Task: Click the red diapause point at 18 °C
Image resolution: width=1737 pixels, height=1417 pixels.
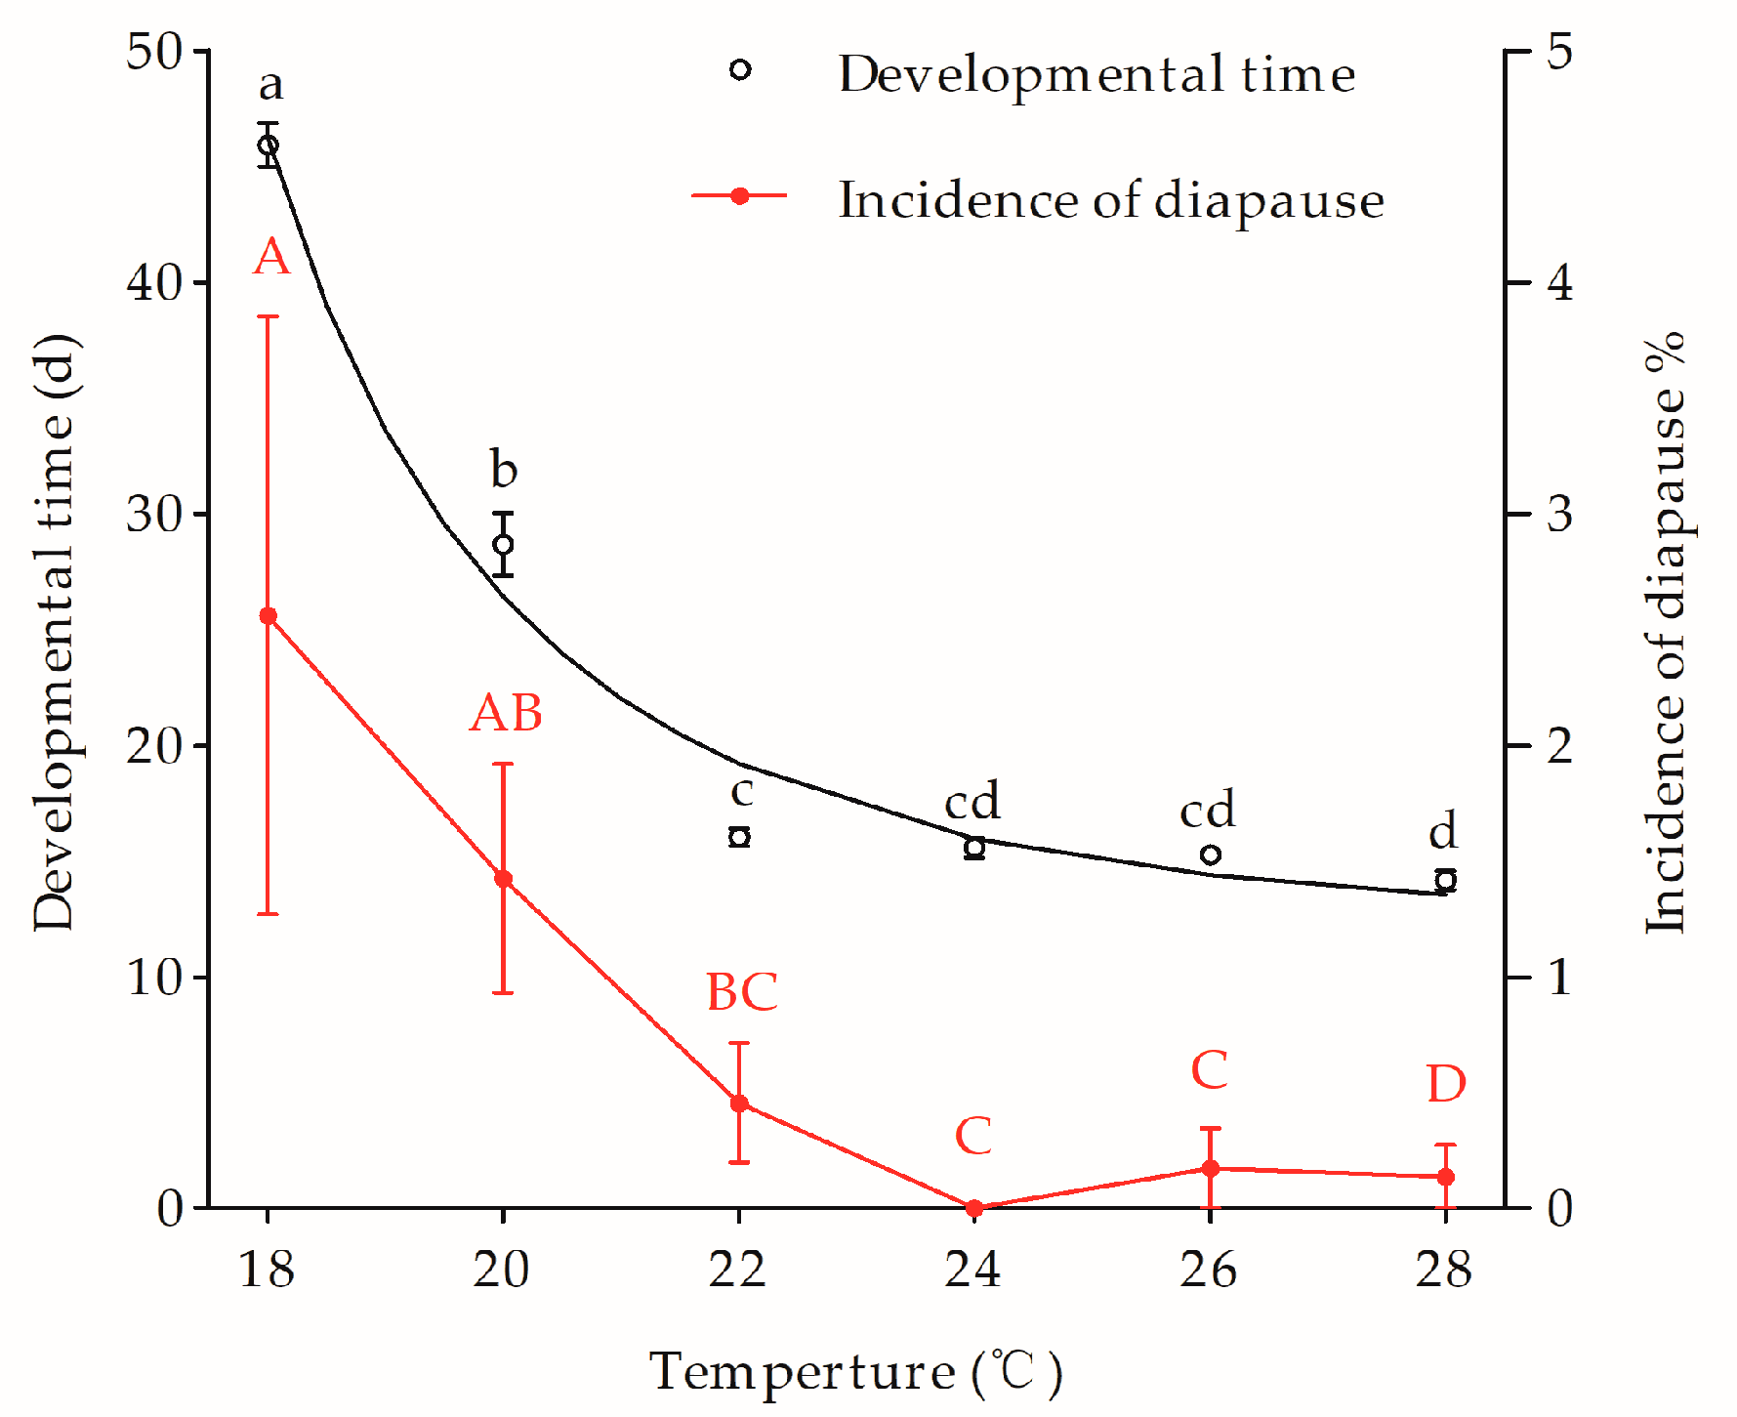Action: tap(268, 616)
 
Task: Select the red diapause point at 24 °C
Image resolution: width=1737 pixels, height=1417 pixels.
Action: tap(973, 1208)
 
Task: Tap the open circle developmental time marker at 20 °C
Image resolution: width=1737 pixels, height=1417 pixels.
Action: tap(503, 544)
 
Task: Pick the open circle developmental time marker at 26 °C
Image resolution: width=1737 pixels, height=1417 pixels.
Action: tap(1210, 854)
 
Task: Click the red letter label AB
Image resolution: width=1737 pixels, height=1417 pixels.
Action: tap(506, 713)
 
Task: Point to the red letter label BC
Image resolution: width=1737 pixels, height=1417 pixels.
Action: tap(741, 992)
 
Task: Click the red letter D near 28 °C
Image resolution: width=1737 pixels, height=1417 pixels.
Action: tap(1446, 1084)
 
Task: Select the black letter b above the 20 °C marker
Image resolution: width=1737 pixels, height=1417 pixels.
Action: tap(503, 470)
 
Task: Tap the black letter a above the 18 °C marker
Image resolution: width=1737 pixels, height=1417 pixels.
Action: tap(270, 85)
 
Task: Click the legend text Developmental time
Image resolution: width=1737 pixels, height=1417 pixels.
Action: tap(1096, 74)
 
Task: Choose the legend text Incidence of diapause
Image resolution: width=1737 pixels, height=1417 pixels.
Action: tap(1110, 200)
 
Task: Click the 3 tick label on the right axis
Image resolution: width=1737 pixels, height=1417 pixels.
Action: tap(1559, 514)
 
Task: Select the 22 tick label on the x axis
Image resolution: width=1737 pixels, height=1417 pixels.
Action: tap(737, 1270)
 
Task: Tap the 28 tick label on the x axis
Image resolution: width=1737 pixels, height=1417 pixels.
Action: tap(1443, 1270)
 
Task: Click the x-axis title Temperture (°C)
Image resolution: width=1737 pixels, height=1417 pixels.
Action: tap(855, 1371)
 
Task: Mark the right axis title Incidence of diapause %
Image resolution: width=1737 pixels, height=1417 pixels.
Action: tap(1668, 632)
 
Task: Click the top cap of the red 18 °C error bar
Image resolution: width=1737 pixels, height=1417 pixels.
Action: tap(268, 316)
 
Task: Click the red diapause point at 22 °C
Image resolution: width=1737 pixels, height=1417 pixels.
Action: tap(739, 1104)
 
